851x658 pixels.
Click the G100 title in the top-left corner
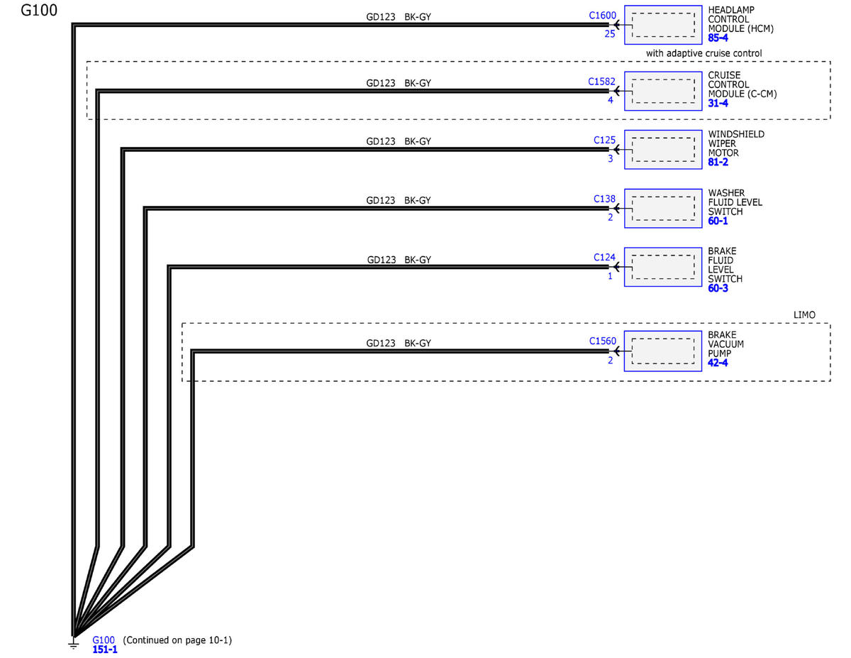tap(39, 10)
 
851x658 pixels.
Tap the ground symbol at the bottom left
tap(73, 645)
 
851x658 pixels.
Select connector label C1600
tap(602, 16)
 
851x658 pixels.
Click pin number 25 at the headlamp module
tap(610, 34)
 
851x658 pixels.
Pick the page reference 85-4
tap(718, 38)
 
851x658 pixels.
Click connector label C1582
tap(601, 82)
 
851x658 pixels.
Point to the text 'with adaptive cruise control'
tap(703, 53)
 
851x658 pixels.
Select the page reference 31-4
tap(718, 104)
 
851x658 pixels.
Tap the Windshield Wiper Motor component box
tap(663, 150)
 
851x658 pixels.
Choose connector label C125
tap(604, 141)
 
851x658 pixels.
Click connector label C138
tap(604, 199)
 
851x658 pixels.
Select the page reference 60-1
tap(718, 221)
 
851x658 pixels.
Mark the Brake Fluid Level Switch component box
tap(663, 267)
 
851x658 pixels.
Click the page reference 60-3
tap(718, 288)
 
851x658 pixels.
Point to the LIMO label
tap(804, 315)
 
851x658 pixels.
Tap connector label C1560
tap(602, 341)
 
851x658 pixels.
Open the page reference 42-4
tap(718, 363)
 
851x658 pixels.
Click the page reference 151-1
tap(105, 649)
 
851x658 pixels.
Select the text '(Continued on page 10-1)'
tap(177, 640)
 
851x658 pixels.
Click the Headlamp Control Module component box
tap(663, 25)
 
